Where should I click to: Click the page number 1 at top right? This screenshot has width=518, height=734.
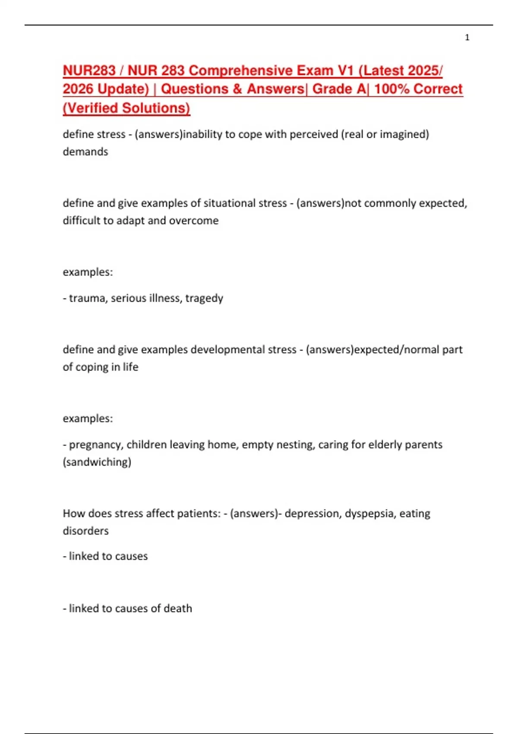(467, 38)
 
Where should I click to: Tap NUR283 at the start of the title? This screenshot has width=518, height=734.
(89, 70)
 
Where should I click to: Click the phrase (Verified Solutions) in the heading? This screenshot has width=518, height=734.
(126, 108)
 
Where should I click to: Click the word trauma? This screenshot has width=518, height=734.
(88, 298)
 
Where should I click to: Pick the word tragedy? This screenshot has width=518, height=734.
(204, 298)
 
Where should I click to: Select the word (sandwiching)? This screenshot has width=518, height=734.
(97, 462)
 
